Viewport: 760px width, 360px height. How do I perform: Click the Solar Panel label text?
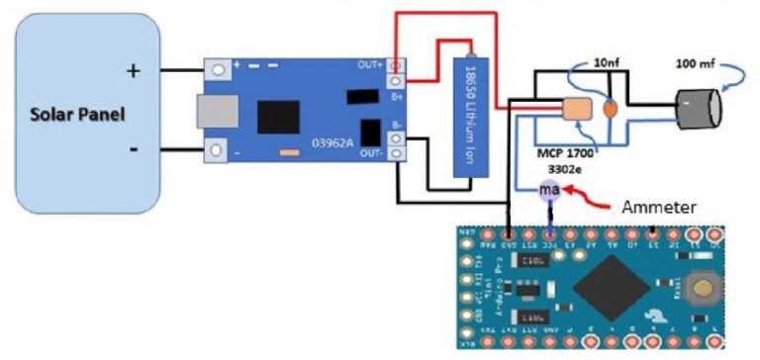[78, 114]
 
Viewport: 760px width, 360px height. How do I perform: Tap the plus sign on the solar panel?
[134, 70]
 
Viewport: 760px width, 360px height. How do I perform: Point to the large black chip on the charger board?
[278, 118]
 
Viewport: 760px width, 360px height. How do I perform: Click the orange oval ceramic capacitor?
[612, 107]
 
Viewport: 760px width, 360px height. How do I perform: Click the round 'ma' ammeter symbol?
[547, 190]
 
